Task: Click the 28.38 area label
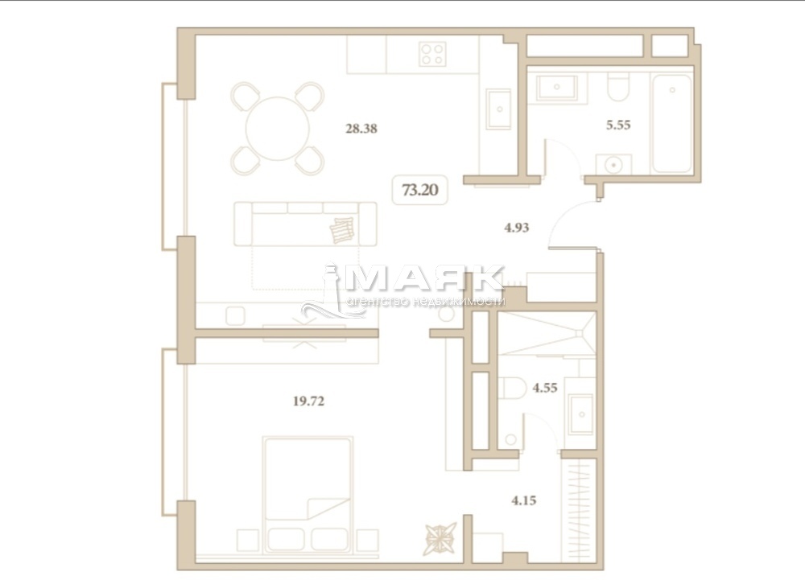point(361,128)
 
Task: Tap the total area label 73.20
point(420,191)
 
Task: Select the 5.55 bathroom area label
point(618,125)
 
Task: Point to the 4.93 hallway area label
point(517,227)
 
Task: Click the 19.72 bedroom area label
point(308,401)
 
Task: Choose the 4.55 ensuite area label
point(545,388)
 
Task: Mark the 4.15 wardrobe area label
point(524,500)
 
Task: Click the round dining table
point(278,128)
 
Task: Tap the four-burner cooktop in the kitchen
point(432,53)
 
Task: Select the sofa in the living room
point(305,224)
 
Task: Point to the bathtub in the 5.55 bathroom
point(672,124)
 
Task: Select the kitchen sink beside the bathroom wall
point(498,109)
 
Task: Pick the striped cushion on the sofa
point(342,230)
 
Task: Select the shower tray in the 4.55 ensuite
point(547,333)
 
